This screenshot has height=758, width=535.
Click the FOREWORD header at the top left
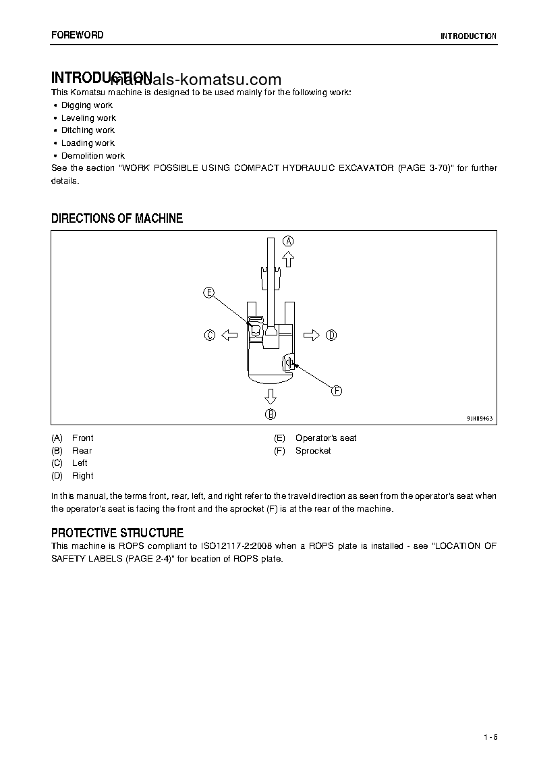coord(77,34)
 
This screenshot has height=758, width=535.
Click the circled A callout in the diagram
coord(288,241)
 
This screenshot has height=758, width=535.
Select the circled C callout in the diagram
coord(210,335)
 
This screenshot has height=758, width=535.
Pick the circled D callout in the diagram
coord(331,335)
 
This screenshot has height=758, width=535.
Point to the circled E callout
coord(209,292)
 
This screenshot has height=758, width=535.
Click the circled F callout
coord(336,390)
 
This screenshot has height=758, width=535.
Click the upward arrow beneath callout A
coord(288,258)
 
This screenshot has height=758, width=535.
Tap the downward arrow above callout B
coord(270,396)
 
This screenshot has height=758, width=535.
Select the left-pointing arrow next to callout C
coord(229,335)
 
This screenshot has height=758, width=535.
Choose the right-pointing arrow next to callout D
coord(312,335)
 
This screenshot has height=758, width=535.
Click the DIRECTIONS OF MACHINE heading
coord(117,218)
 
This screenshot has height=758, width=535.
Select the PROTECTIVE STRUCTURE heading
coord(117,533)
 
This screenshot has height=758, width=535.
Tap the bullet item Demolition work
coord(93,156)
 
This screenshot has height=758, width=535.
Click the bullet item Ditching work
coord(88,130)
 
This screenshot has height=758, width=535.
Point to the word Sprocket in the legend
coord(313,451)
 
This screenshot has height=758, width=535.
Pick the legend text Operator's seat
coord(326,438)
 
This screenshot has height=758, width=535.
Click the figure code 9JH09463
coord(480,418)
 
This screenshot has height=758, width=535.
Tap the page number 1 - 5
coord(490,736)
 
